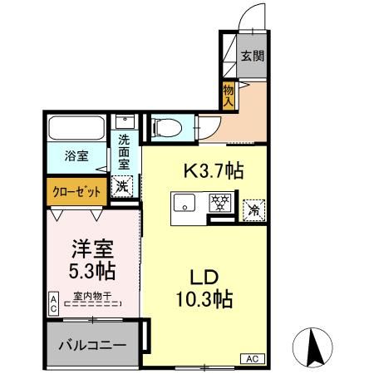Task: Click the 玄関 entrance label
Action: [x=253, y=57]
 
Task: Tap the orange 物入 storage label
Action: [x=228, y=96]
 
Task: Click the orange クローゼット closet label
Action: [x=76, y=190]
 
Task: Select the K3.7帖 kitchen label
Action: [x=213, y=172]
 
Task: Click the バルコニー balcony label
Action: [x=92, y=344]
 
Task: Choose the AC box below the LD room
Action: [x=251, y=358]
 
